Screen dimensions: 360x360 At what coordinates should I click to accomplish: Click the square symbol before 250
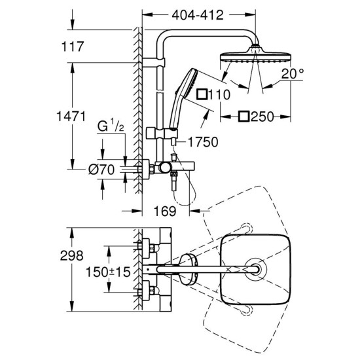(x=243, y=117)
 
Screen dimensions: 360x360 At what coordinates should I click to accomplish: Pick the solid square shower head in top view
(x=256, y=268)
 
